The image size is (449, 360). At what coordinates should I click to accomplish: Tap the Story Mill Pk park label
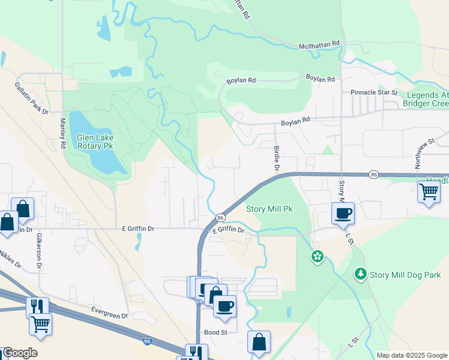click(270, 209)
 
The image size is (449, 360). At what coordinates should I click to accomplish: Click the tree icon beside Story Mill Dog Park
click(360, 274)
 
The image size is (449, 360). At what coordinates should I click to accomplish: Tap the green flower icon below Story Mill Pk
click(317, 257)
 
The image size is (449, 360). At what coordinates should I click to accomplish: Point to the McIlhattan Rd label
click(319, 44)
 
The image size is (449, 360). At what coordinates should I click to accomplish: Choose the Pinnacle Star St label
click(374, 93)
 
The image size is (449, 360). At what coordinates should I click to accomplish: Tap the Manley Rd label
click(62, 133)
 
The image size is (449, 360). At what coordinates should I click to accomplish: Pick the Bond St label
click(215, 332)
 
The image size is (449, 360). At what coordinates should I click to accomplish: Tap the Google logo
click(20, 353)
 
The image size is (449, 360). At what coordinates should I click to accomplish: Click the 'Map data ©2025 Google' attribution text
click(411, 355)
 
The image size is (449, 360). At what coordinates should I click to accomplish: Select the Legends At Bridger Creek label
click(427, 100)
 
